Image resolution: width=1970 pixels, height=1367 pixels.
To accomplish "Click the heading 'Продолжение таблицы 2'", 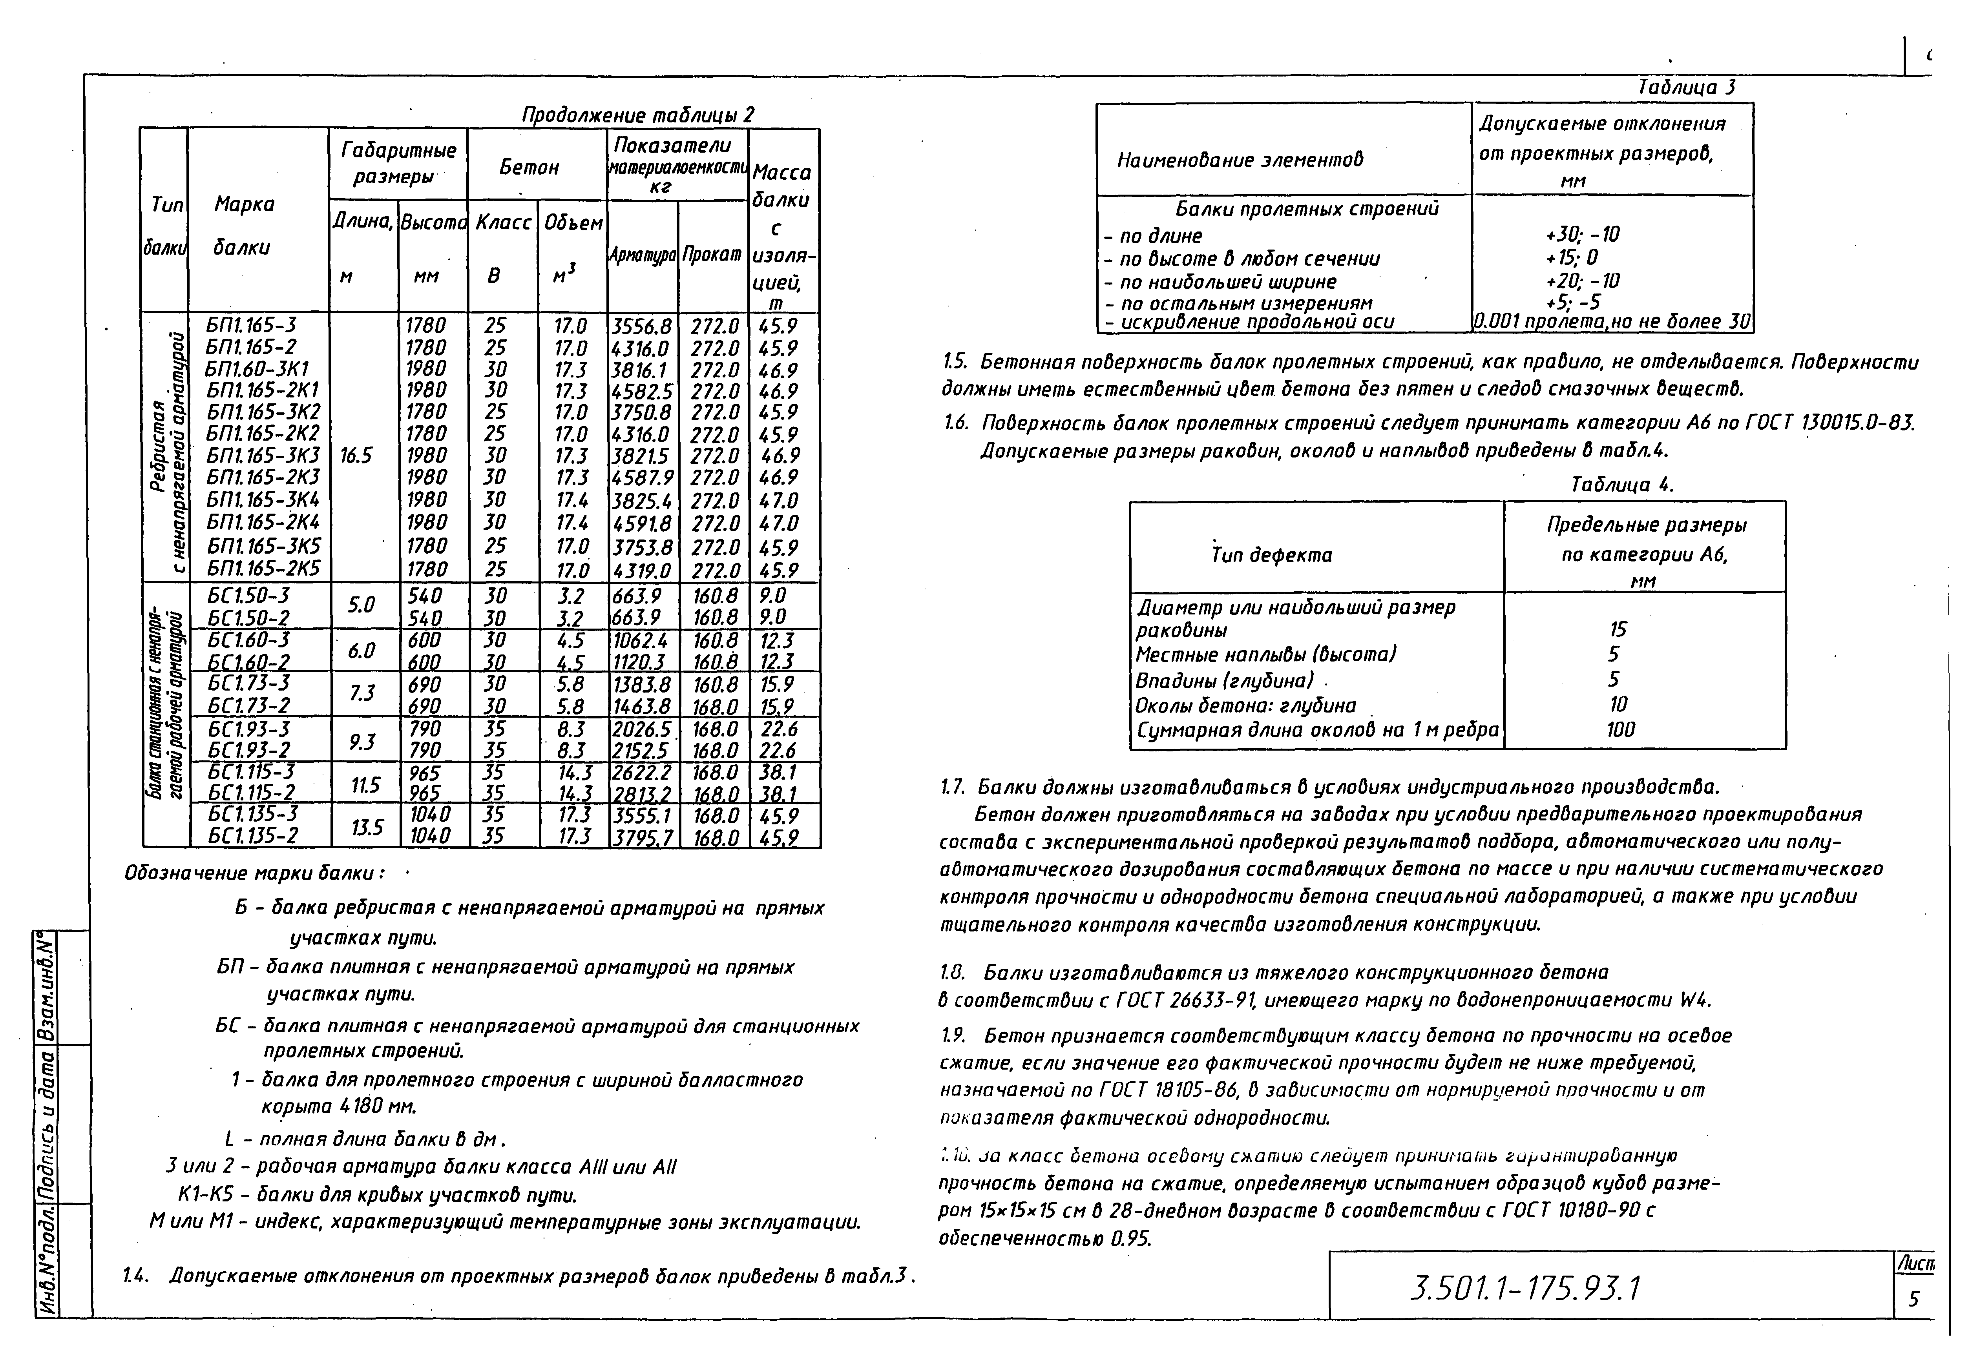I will (x=638, y=115).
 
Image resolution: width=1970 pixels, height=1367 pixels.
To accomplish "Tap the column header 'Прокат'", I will (x=712, y=254).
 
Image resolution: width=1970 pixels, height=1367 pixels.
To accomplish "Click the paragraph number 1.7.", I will (x=952, y=786).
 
